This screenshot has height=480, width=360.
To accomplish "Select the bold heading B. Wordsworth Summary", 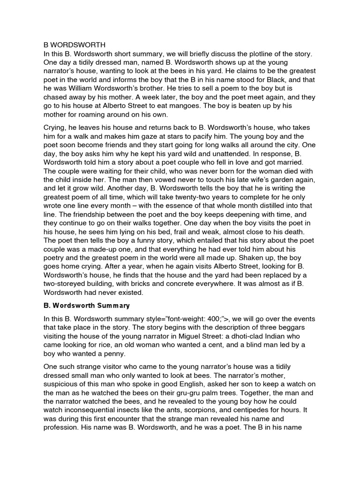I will click(87, 306).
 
